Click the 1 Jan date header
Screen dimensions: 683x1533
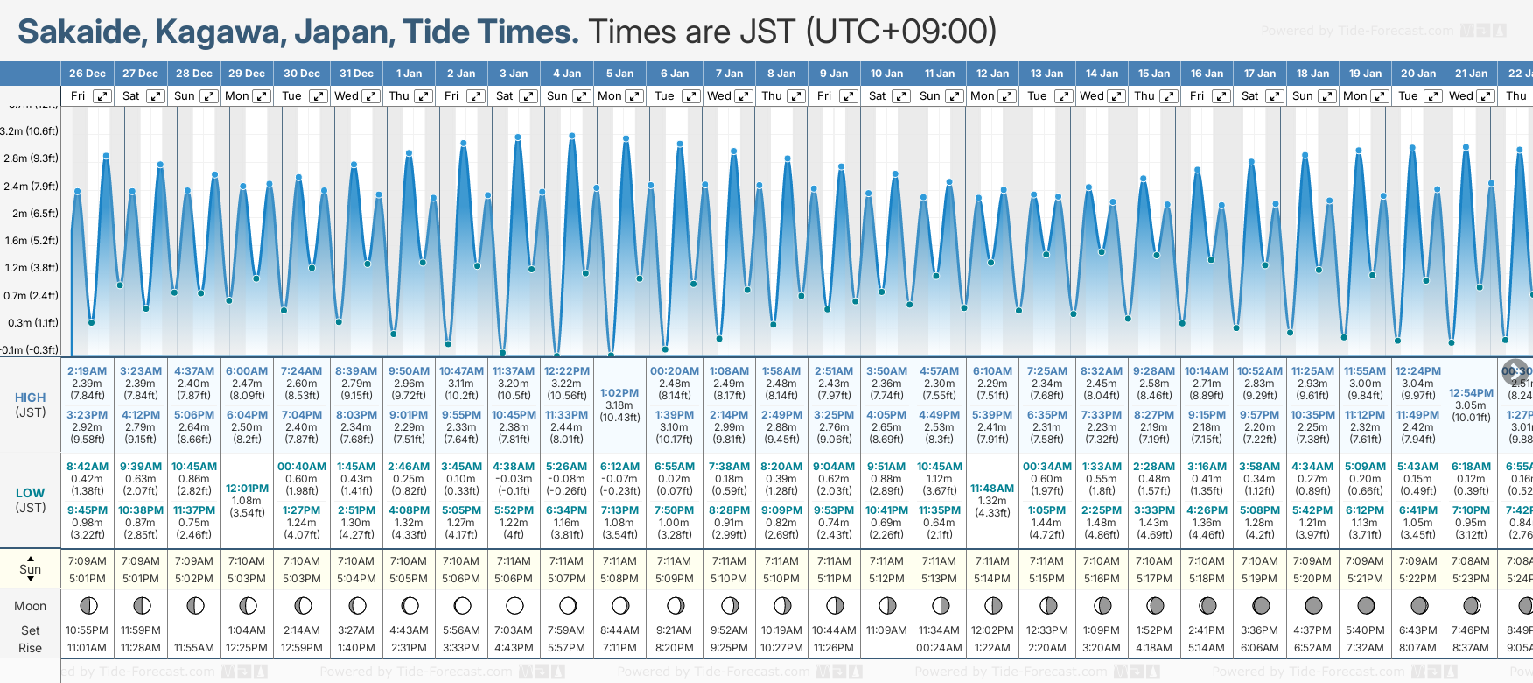tap(409, 74)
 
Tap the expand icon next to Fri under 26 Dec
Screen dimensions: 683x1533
tap(102, 96)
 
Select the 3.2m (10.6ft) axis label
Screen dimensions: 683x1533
tap(30, 131)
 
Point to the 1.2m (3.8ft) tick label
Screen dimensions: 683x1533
tap(30, 268)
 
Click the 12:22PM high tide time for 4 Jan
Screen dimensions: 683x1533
tap(567, 371)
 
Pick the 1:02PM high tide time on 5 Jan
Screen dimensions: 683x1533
tap(619, 393)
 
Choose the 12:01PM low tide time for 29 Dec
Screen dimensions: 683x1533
tap(247, 489)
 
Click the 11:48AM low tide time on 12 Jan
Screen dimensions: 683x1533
tap(992, 489)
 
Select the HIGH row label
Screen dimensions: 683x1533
tap(30, 398)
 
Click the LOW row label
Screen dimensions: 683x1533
tap(30, 493)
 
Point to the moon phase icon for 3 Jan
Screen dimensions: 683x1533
tap(514, 605)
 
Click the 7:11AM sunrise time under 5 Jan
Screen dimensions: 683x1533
tap(619, 561)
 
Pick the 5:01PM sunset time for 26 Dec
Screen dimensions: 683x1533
tap(87, 579)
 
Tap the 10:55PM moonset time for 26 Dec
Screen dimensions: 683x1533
tap(87, 630)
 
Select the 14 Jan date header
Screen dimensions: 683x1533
tap(1102, 74)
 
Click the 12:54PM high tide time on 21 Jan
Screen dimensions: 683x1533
tap(1471, 393)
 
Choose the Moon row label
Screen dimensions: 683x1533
tap(30, 606)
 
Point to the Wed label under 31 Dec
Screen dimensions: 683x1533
tap(346, 96)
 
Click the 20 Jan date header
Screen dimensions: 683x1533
tap(1418, 74)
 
